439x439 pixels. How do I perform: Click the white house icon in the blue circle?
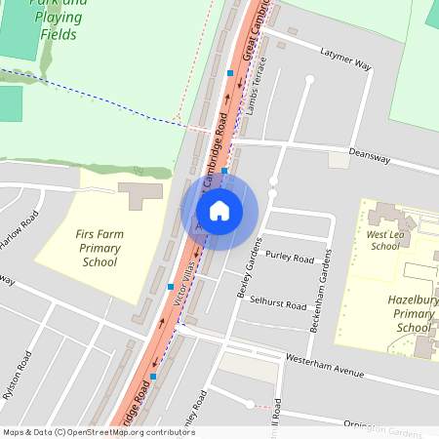pos(219,210)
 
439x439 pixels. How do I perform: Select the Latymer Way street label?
pos(347,64)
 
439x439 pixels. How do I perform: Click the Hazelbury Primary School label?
pos(413,315)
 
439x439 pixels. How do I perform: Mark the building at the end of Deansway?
pos(339,159)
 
